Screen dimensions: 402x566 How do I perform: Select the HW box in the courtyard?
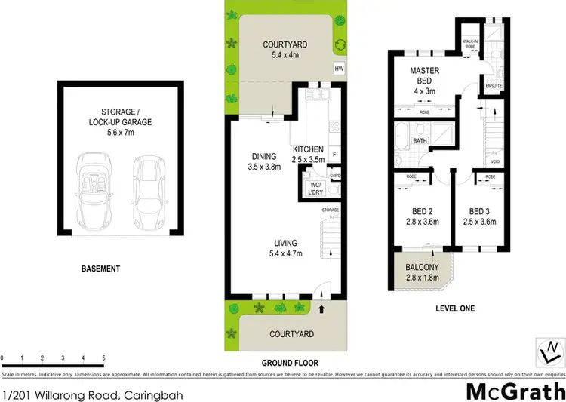tap(339, 69)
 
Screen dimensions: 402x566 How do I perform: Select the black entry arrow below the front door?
tap(323, 308)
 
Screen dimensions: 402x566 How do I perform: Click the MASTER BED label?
tap(425, 75)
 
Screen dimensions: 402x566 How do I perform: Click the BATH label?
tap(420, 141)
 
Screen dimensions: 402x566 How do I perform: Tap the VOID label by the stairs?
tap(495, 161)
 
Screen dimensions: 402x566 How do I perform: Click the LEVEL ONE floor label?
tap(455, 308)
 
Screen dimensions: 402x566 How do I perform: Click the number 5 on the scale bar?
tap(103, 358)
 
